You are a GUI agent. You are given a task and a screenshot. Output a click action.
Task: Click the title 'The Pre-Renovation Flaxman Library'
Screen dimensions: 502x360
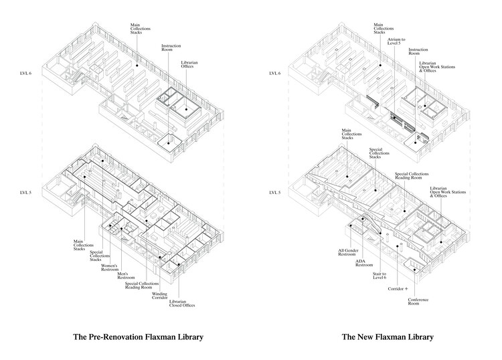(x=138, y=337)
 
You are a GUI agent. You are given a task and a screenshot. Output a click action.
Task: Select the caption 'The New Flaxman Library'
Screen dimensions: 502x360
(x=388, y=337)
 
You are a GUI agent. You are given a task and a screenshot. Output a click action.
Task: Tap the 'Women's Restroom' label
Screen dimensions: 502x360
(x=110, y=268)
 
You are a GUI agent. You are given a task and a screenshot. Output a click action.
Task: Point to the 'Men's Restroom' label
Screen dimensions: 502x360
(x=126, y=276)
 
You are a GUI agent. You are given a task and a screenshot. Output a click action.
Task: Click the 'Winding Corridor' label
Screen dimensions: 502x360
(x=159, y=296)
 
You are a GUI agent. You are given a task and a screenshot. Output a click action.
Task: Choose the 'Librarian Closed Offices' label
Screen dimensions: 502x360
(x=182, y=303)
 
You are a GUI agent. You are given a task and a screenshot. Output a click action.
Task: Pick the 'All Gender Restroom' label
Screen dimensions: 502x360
(x=348, y=252)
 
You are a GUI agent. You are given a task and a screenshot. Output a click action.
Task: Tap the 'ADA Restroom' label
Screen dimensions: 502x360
(x=364, y=263)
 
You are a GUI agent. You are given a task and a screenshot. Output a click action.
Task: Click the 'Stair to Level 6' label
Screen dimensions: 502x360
(x=380, y=276)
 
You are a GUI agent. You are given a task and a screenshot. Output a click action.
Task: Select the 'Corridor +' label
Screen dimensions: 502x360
(x=398, y=288)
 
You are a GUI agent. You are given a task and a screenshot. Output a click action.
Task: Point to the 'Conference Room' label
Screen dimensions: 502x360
(x=418, y=301)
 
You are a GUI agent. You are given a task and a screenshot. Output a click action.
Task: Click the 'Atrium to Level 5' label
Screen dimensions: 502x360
(x=396, y=41)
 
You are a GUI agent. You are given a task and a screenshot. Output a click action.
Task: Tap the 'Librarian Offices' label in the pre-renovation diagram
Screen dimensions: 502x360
(x=189, y=64)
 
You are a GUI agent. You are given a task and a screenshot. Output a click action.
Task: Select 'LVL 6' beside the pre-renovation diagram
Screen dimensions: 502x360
(x=25, y=74)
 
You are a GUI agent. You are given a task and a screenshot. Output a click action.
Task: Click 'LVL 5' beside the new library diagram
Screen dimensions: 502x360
(x=275, y=193)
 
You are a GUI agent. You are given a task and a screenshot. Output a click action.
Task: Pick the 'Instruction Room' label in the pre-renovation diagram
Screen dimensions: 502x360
(x=171, y=48)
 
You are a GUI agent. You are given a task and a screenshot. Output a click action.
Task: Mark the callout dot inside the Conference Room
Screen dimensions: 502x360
(x=415, y=270)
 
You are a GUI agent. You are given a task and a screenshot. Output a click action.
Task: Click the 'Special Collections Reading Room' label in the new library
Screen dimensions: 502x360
(x=412, y=176)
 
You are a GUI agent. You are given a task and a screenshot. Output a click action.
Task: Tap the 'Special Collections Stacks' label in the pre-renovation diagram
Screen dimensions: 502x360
(x=100, y=256)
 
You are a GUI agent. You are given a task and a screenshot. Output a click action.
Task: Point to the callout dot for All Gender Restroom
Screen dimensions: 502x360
(x=351, y=226)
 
